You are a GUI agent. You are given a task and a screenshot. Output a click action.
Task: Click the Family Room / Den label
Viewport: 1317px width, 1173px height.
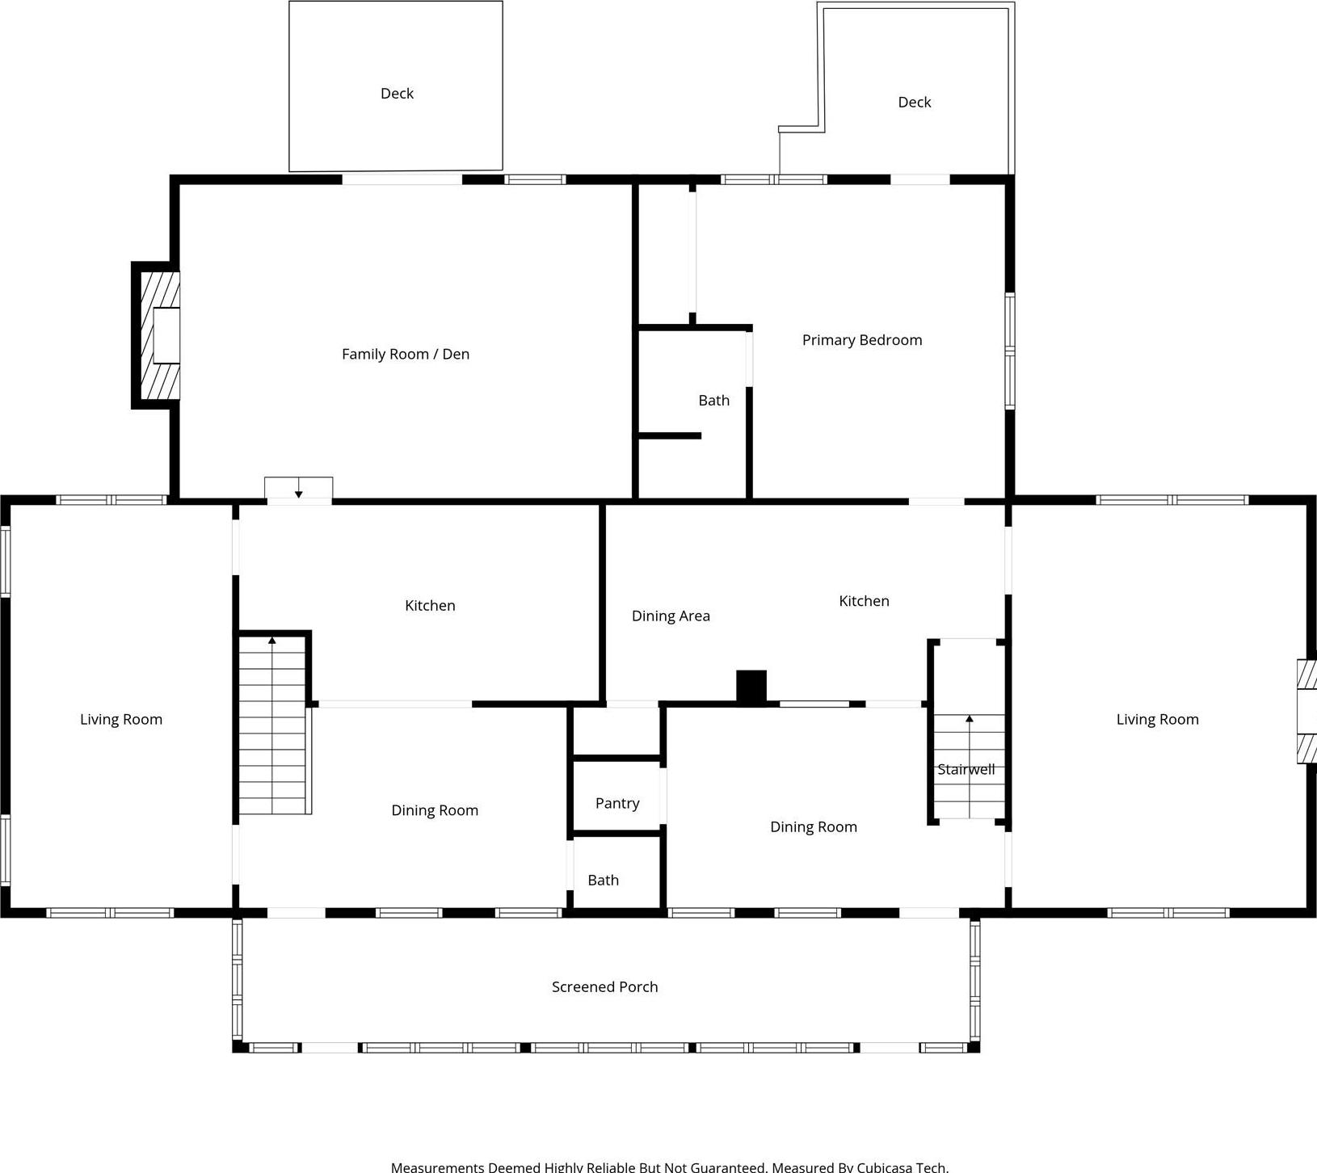[405, 354]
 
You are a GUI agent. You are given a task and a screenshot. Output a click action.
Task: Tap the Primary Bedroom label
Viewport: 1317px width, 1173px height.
[861, 340]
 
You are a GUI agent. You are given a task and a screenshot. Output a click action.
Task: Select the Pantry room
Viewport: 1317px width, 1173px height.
[617, 803]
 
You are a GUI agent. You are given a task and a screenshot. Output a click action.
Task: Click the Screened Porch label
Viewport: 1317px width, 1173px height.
[604, 986]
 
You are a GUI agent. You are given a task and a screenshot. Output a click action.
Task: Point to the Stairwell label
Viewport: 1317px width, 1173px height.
[966, 770]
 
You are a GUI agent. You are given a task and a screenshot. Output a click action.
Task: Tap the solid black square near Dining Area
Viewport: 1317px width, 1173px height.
[751, 686]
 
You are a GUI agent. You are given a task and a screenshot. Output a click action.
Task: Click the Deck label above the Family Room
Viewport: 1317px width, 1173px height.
[397, 94]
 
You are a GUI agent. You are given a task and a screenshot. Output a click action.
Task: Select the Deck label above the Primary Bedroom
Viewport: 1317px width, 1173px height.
[914, 103]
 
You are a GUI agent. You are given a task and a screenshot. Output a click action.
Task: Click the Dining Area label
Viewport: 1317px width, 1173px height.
[671, 616]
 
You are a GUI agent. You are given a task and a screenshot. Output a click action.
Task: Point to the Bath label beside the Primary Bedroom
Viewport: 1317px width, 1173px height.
[713, 401]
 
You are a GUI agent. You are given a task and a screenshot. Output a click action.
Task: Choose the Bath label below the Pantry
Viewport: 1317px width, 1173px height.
[603, 881]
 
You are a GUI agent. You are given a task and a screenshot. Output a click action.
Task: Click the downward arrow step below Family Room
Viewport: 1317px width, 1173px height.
[298, 489]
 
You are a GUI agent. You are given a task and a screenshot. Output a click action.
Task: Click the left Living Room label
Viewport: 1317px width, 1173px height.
[121, 720]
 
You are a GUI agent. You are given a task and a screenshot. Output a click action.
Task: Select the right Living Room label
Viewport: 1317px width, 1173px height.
[1157, 720]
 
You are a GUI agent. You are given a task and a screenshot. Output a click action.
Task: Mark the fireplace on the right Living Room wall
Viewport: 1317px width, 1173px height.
[1306, 712]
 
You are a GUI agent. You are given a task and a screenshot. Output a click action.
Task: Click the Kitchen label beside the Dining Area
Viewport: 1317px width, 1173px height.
[864, 601]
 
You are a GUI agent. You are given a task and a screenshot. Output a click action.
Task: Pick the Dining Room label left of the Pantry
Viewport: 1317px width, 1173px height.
[435, 810]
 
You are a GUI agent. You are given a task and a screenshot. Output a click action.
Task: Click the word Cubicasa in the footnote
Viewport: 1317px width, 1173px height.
[885, 1167]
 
